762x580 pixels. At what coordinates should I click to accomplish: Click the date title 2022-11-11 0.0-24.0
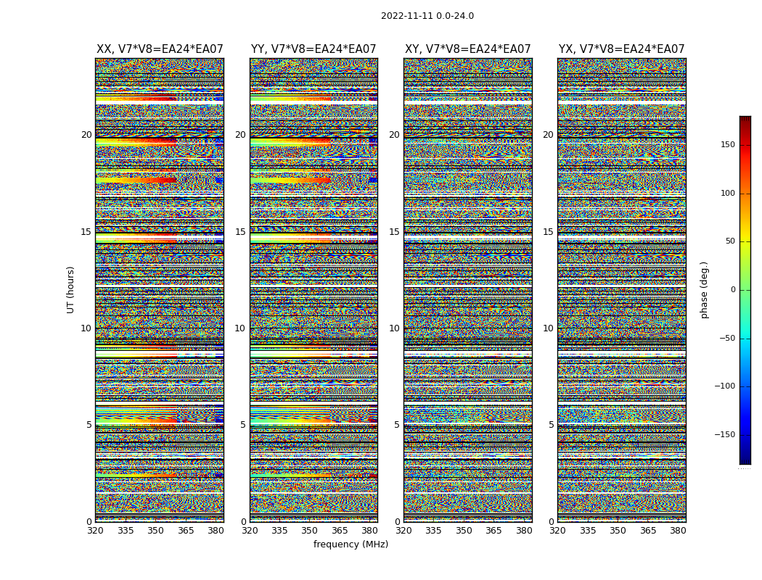pos(427,16)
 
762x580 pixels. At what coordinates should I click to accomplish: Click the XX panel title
pos(160,49)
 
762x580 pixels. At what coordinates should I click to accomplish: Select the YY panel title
pos(314,49)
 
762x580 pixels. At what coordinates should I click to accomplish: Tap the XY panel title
pos(467,49)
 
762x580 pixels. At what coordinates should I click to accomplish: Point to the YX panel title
pos(621,49)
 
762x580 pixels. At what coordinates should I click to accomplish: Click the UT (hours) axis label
pos(71,289)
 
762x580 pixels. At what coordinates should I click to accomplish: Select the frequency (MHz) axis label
pos(351,544)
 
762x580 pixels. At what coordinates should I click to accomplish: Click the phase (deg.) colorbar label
pos(704,289)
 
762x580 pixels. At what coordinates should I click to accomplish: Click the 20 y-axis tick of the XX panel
pos(86,135)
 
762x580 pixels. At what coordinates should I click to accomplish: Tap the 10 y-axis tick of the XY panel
pos(394,328)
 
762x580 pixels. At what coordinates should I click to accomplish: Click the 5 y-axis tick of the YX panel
pos(551,425)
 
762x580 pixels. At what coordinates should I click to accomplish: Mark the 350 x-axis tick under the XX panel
pos(155,531)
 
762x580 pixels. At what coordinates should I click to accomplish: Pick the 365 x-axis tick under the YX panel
pos(648,531)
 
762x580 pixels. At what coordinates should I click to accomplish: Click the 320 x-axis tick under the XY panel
pos(403,531)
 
